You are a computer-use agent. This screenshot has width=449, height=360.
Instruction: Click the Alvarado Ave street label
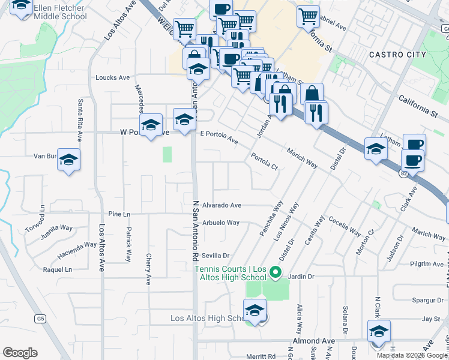click(x=221, y=205)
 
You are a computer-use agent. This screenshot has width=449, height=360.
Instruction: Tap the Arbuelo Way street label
click(x=221, y=223)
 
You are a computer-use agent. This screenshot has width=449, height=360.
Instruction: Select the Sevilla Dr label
click(x=216, y=256)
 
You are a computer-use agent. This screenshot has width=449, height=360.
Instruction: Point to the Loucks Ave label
click(x=113, y=78)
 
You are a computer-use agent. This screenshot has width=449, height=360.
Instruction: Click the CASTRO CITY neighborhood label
click(x=397, y=55)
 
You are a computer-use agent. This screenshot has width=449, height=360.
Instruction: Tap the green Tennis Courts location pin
click(x=276, y=273)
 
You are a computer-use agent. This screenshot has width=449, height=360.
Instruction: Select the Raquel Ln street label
click(x=58, y=269)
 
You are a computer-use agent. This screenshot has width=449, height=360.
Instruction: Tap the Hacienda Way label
click(x=77, y=244)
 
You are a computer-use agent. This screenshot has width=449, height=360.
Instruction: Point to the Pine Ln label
click(x=119, y=214)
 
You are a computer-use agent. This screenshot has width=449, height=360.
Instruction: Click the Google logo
click(x=20, y=353)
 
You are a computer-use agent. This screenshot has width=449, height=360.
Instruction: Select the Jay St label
click(x=431, y=319)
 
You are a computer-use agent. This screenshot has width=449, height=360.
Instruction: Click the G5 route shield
click(x=40, y=319)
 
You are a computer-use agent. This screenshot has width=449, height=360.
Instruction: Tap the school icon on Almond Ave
click(x=379, y=332)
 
